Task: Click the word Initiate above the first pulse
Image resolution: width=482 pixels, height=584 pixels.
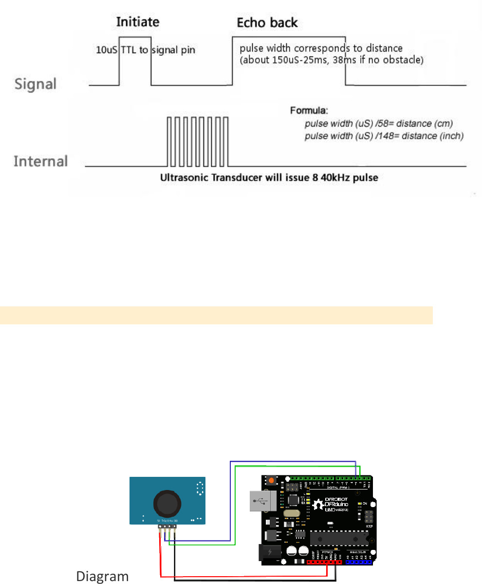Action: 138,22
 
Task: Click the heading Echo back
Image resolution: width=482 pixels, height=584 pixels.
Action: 267,23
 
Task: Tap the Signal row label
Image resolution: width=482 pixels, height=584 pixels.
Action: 35,84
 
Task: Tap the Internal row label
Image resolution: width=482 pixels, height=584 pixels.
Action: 40,161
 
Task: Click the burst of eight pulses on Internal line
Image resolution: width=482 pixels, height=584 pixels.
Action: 197,142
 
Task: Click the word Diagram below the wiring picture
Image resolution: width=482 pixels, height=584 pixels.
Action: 102,576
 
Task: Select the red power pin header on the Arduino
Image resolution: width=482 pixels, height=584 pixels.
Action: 324,562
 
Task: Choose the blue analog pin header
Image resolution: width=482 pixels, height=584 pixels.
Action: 358,562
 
